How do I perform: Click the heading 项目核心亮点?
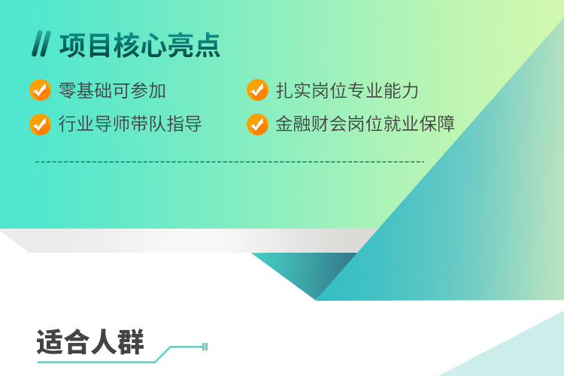click(x=140, y=45)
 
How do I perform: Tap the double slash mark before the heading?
click(x=41, y=44)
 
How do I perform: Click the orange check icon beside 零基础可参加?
click(x=40, y=90)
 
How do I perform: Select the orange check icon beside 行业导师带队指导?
click(x=40, y=125)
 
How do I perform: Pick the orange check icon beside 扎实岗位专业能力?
click(x=257, y=90)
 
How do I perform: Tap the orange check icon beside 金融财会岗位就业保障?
click(x=257, y=125)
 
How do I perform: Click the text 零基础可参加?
click(x=112, y=91)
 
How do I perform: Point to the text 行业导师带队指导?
click(x=130, y=124)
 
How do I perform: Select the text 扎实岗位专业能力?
click(x=347, y=91)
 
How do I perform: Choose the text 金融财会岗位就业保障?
click(x=365, y=124)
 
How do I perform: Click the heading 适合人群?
click(x=90, y=342)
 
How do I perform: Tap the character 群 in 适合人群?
click(x=131, y=342)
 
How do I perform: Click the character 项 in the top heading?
click(x=72, y=45)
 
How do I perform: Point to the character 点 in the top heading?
click(x=208, y=45)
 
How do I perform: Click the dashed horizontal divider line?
click(x=230, y=162)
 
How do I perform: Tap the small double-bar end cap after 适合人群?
click(x=205, y=347)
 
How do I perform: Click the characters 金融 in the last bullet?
click(x=293, y=124)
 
